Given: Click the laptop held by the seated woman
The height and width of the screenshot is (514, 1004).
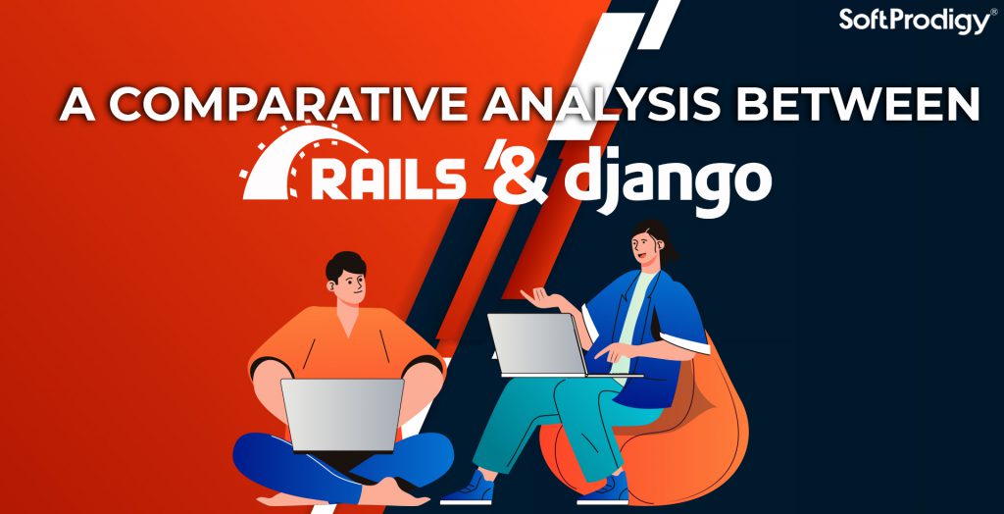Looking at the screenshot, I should click(537, 344).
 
